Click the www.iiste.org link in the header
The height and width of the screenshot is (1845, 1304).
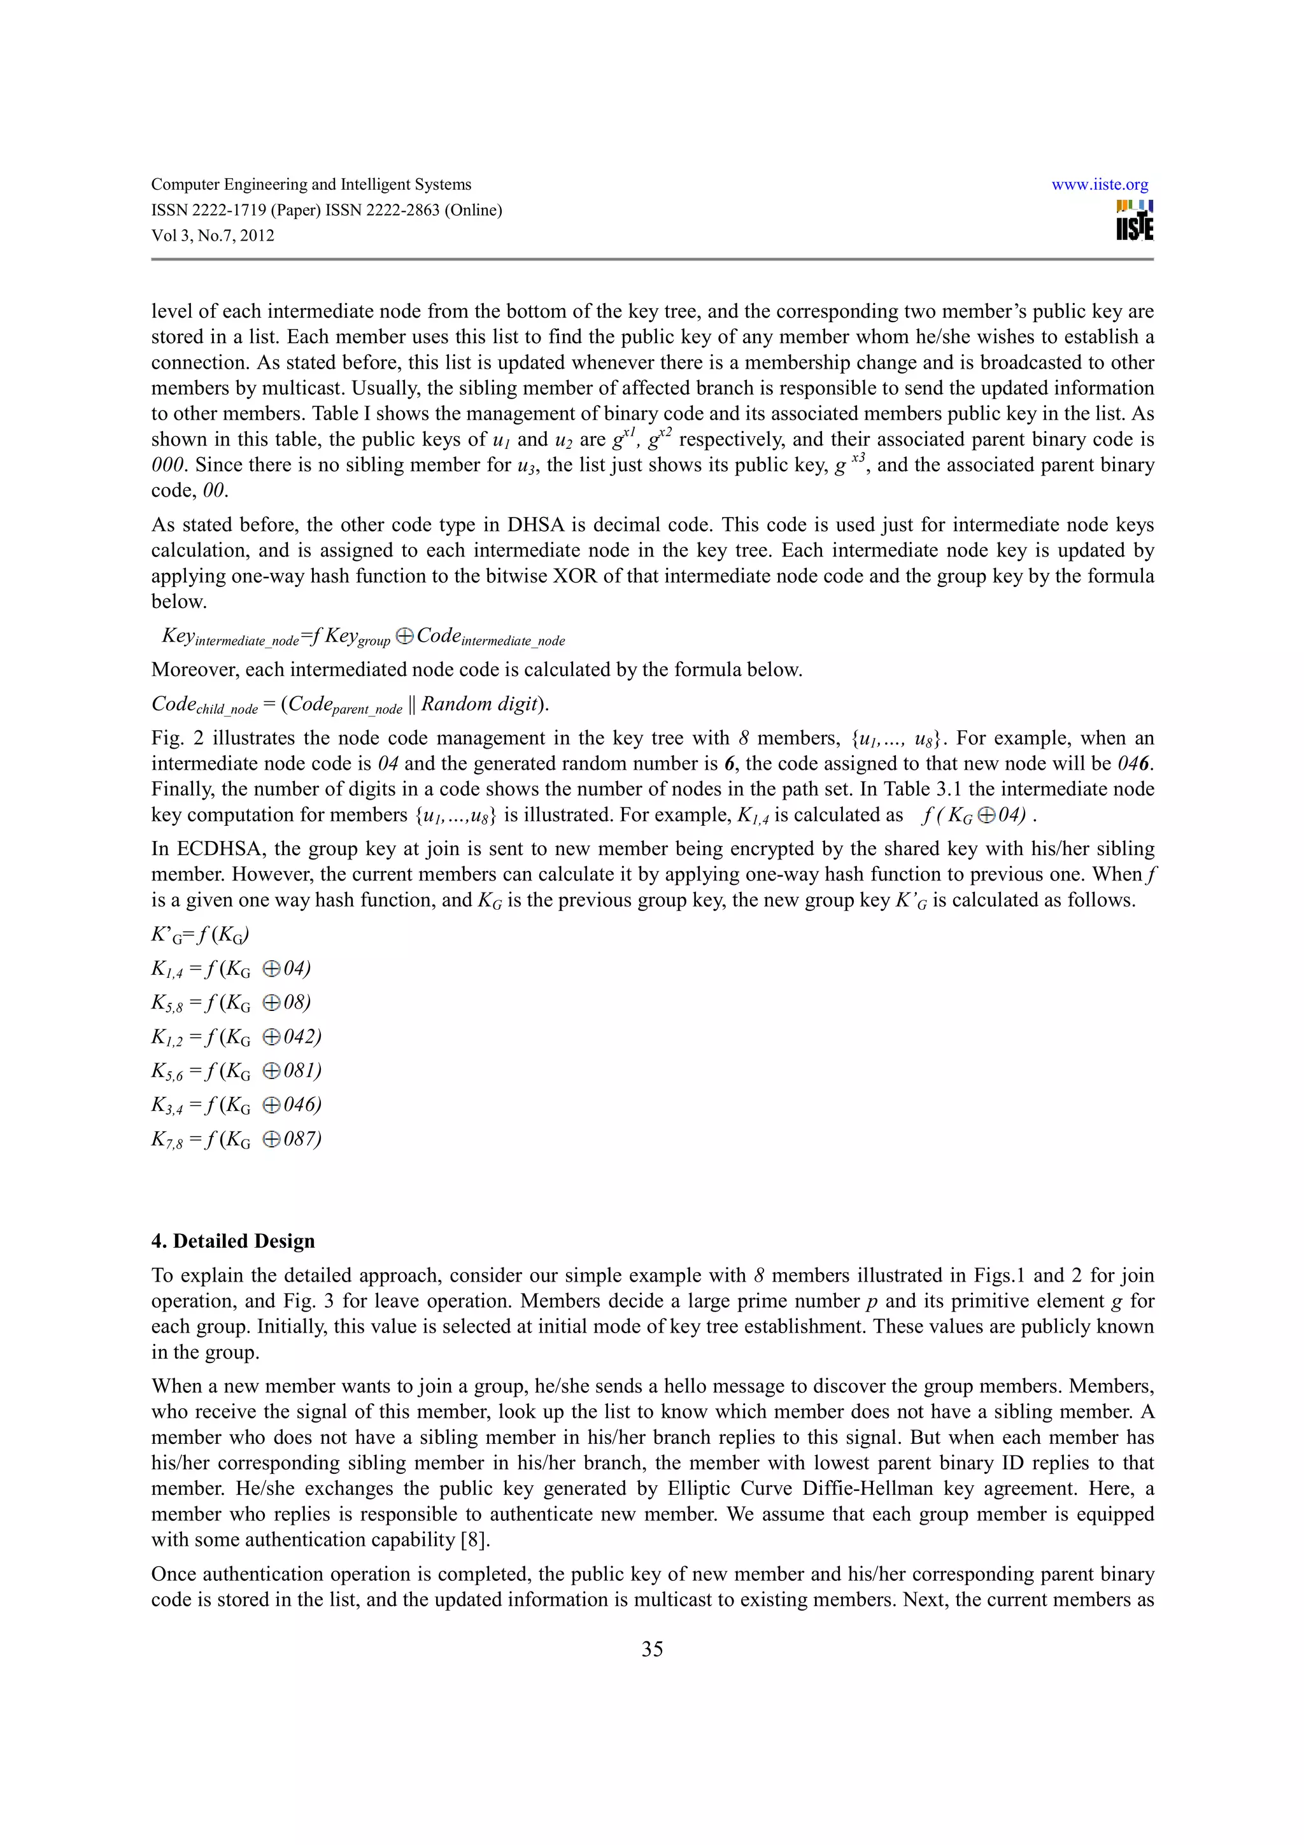pos(1099,185)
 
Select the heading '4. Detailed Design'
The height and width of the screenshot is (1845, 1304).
pos(233,1241)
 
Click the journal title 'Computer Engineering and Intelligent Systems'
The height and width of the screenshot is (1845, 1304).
pos(311,185)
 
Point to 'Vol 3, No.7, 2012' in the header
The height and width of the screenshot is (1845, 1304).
pos(213,236)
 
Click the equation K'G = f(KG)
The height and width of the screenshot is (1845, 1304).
pos(200,935)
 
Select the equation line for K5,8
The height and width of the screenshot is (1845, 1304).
pos(230,1003)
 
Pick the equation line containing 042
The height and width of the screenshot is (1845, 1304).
pos(236,1037)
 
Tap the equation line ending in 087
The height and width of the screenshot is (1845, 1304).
pos(236,1140)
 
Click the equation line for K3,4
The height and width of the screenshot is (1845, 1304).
pos(236,1106)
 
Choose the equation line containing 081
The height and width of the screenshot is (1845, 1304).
pos(236,1071)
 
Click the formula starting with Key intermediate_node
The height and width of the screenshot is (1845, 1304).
pos(363,637)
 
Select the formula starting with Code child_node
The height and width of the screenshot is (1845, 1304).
pos(350,705)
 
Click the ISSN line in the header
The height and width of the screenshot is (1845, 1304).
pos(326,211)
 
